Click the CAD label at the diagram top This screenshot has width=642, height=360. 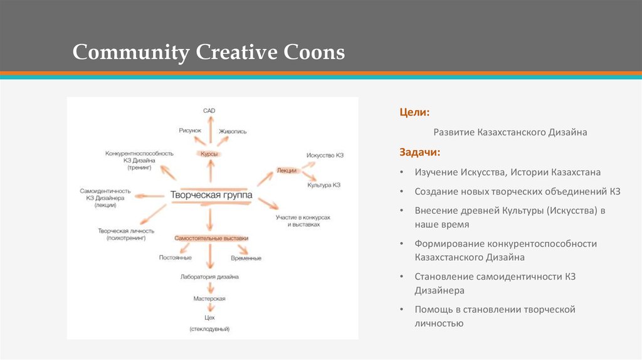coord(209,110)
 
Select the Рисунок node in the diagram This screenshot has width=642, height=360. coord(190,130)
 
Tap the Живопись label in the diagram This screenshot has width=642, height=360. coord(233,132)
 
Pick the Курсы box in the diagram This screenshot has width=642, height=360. coord(209,153)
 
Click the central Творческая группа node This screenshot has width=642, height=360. coord(211,196)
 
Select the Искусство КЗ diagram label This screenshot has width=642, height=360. coord(325,155)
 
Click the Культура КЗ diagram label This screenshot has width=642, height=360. coord(324,186)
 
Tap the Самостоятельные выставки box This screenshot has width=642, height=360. coord(211,238)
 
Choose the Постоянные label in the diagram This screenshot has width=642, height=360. coord(175,258)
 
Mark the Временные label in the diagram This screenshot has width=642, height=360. coord(246,258)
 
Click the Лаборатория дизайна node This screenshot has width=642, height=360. coord(210,277)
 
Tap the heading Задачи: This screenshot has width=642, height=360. coord(420,152)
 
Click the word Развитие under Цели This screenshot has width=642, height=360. coord(454,132)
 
